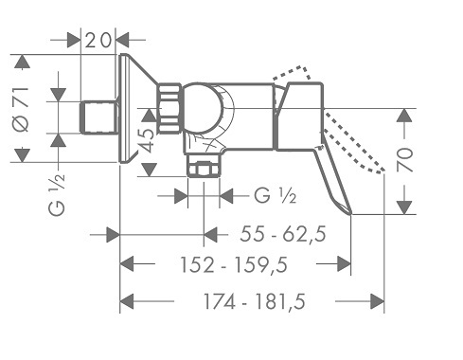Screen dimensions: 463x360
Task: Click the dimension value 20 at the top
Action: (x=98, y=41)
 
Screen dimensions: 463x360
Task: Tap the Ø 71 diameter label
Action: (x=22, y=109)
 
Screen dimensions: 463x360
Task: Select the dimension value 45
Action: (x=147, y=136)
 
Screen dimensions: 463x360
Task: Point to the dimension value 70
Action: (x=405, y=160)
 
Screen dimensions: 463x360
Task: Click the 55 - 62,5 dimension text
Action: (x=283, y=234)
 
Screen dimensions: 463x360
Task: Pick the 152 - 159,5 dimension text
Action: (x=234, y=264)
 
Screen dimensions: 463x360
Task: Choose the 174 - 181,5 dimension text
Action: (x=255, y=301)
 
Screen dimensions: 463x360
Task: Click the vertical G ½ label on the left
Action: (x=57, y=195)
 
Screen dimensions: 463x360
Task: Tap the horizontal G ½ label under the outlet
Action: (x=276, y=196)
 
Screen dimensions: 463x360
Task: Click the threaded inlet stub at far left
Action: (x=99, y=117)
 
